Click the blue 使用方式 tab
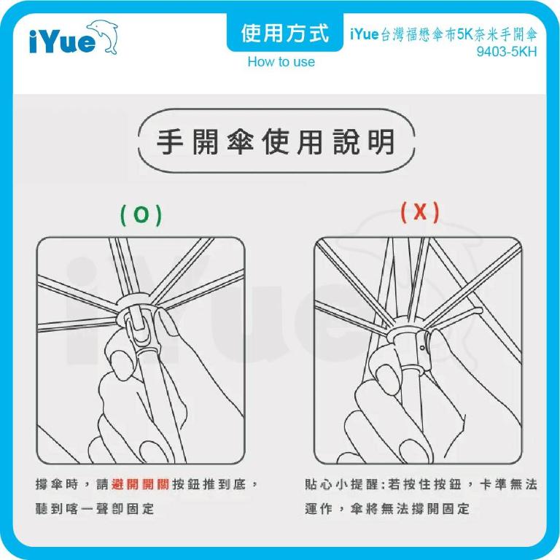tap(284, 33)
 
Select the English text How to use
tap(281, 62)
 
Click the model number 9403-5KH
tap(506, 52)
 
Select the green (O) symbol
tap(140, 214)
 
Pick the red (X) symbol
tap(420, 212)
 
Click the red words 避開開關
tap(141, 484)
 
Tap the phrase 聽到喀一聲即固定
tap(95, 509)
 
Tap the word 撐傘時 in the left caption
tap(58, 484)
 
